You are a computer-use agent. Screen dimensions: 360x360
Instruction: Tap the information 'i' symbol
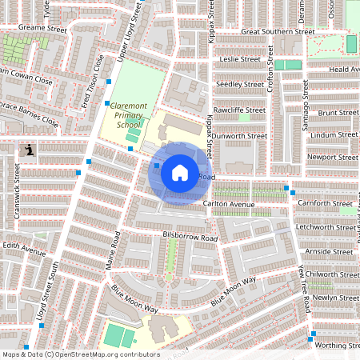click(30, 149)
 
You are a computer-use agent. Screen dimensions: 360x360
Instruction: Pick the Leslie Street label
click(241, 59)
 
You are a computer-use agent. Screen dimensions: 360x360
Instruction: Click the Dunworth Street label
click(241, 136)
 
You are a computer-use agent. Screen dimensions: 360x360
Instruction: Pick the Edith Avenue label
click(24, 250)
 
